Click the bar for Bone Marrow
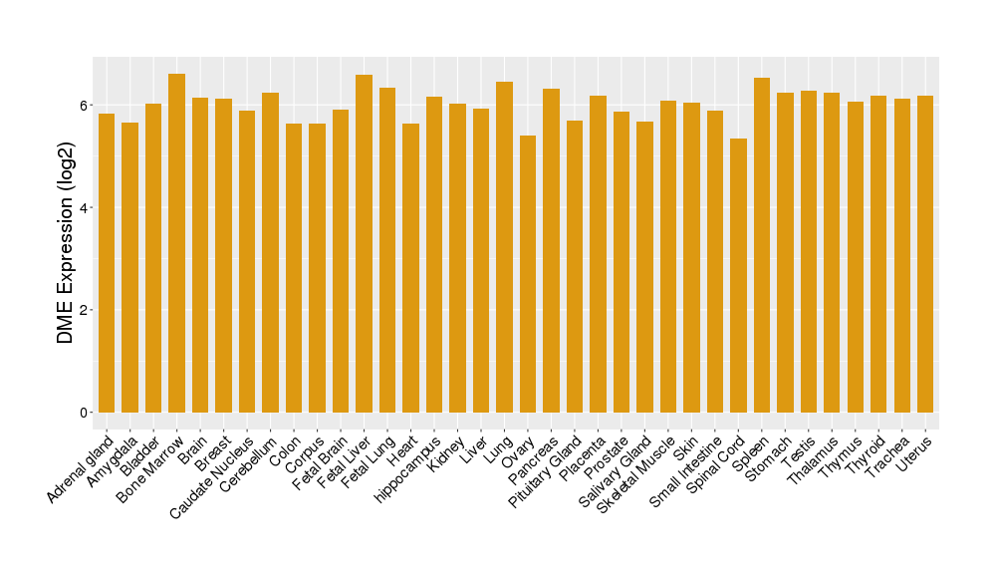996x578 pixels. [x=176, y=243]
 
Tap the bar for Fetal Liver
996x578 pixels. [x=364, y=243]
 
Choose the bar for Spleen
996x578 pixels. [x=762, y=245]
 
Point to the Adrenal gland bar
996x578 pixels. [x=107, y=263]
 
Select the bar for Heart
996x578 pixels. [x=410, y=268]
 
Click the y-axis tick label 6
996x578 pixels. [x=85, y=106]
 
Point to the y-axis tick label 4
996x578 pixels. [x=85, y=208]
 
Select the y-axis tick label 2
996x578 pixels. [x=85, y=310]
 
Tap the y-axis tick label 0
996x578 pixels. [x=85, y=413]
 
